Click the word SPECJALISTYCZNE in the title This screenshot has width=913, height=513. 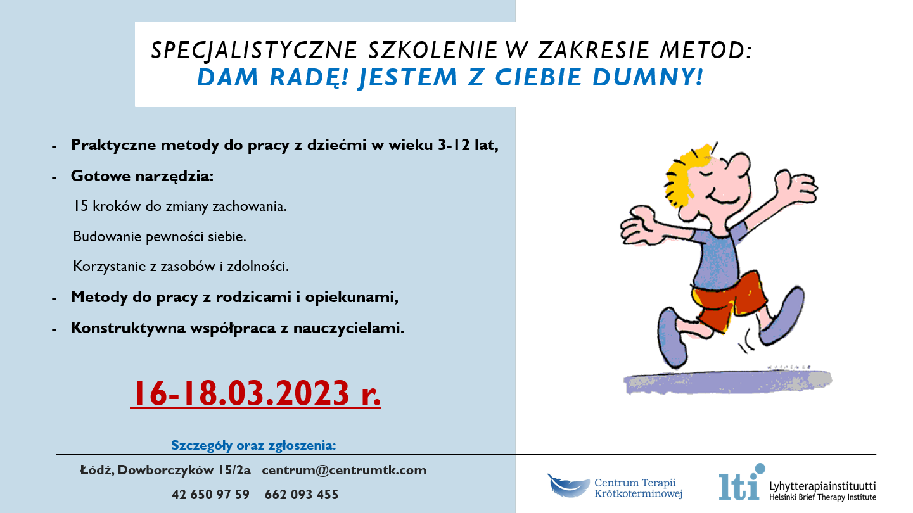click(x=254, y=51)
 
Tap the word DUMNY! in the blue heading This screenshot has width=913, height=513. click(x=648, y=77)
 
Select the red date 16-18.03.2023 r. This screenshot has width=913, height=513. click(x=256, y=393)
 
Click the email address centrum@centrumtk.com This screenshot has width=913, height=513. click(x=344, y=470)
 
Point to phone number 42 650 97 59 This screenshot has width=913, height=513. click(x=210, y=495)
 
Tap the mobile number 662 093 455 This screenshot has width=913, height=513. click(x=302, y=495)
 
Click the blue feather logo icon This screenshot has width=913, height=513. click(x=568, y=486)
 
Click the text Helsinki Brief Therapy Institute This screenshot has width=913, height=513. click(x=822, y=497)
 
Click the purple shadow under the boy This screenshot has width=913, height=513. click(x=727, y=382)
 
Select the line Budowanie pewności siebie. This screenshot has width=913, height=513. click(x=160, y=236)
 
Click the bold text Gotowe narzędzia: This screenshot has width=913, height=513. click(x=142, y=176)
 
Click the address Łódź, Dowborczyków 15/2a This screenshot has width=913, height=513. click(x=165, y=470)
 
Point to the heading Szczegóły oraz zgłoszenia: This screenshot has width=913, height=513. click(x=253, y=445)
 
